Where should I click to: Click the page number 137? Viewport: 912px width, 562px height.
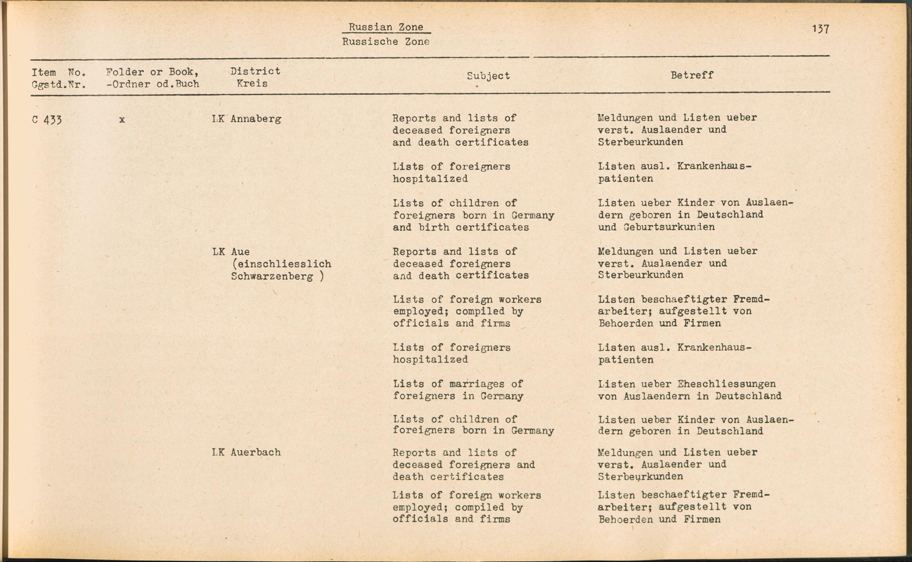(820, 29)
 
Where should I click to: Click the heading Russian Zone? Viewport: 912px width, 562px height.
(386, 27)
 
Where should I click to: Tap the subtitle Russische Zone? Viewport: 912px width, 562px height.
(386, 42)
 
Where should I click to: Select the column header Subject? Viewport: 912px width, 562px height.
(488, 76)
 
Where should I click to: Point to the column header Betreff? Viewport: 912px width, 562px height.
(692, 75)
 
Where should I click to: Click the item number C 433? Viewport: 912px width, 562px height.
(47, 120)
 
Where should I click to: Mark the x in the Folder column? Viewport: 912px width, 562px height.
(122, 120)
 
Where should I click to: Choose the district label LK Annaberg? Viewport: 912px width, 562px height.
(246, 119)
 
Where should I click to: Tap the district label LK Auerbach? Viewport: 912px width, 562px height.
(246, 453)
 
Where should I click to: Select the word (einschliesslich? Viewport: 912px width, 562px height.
(281, 264)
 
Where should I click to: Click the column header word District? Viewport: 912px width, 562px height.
(255, 71)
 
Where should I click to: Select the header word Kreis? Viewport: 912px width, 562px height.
(252, 84)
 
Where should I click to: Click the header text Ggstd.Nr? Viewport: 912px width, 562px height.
(59, 85)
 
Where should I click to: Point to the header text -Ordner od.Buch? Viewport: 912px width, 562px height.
(152, 84)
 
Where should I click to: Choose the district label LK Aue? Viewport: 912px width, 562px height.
(231, 252)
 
